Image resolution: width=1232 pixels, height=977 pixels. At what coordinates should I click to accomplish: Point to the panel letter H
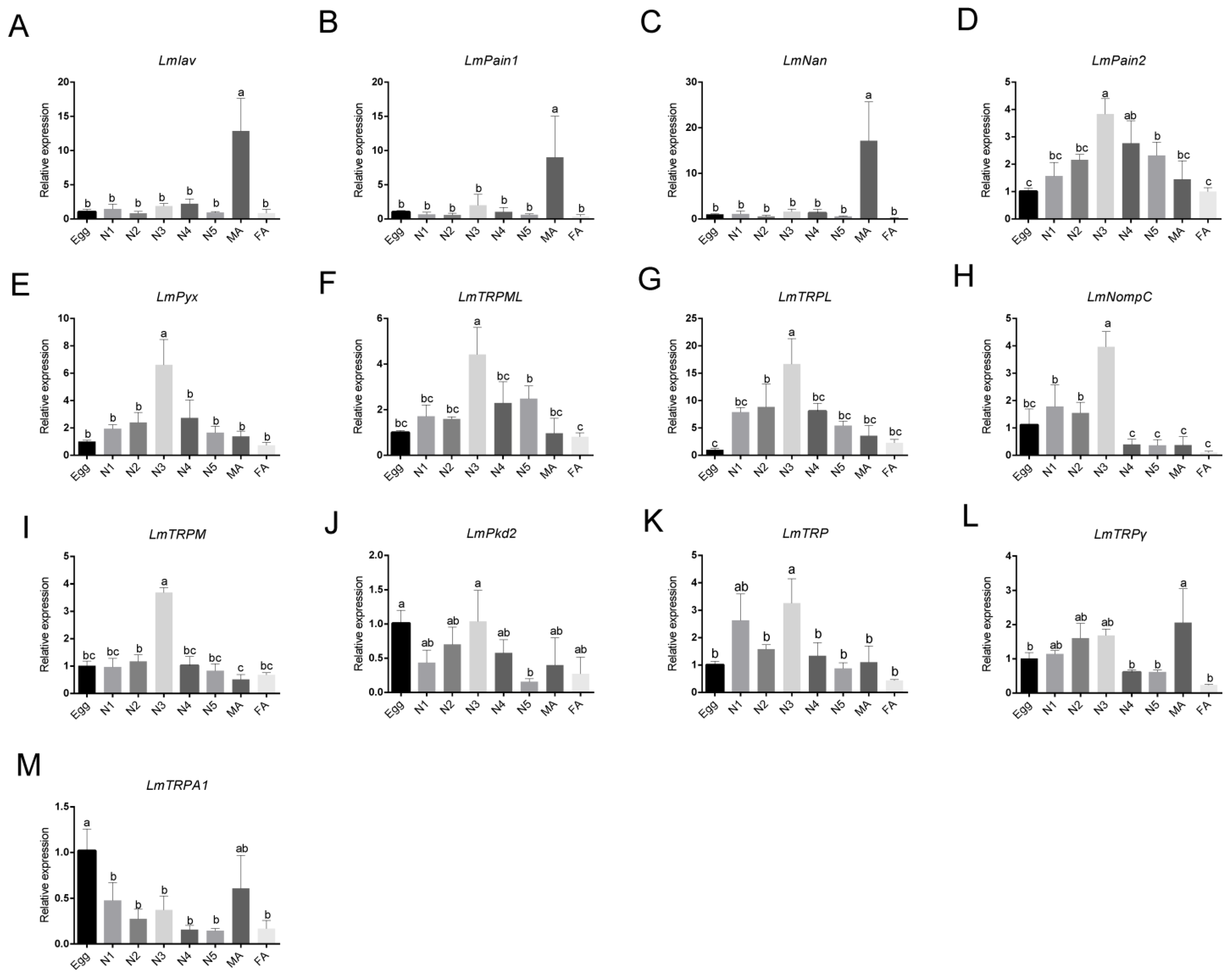(x=965, y=278)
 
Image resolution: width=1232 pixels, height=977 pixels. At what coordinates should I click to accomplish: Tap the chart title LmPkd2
(x=492, y=534)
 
